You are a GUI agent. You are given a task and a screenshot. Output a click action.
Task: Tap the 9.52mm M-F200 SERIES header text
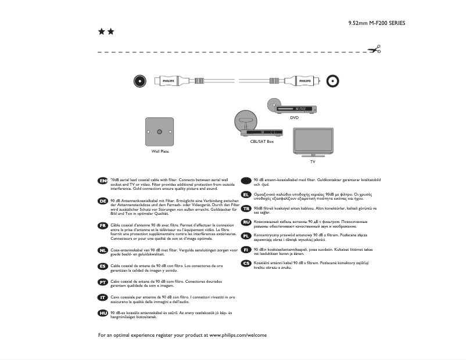[377, 23]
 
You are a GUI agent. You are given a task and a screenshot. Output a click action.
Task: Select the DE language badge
[103, 201]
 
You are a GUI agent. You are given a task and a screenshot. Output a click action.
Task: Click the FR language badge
[103, 225]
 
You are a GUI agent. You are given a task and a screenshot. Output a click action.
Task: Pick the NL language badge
[103, 250]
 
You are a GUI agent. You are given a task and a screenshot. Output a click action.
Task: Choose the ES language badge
[103, 266]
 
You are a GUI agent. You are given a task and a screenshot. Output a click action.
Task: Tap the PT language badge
[103, 282]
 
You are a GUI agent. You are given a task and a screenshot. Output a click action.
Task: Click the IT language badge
[103, 297]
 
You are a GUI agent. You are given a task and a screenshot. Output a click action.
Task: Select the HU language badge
[103, 313]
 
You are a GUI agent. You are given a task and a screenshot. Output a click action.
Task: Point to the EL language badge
[246, 195]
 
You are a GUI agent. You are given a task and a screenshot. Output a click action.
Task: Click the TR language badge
[246, 208]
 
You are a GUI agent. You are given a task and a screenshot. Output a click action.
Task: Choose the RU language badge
[246, 222]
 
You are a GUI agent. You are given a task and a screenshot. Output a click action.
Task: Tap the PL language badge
[246, 236]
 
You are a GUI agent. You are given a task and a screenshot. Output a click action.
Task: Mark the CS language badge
[246, 263]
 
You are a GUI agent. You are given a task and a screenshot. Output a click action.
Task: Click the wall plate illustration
[160, 132]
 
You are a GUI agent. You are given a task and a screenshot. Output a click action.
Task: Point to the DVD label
[294, 117]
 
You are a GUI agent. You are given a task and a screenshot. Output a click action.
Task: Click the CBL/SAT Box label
[261, 141]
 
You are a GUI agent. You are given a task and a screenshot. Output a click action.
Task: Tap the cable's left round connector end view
[138, 81]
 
